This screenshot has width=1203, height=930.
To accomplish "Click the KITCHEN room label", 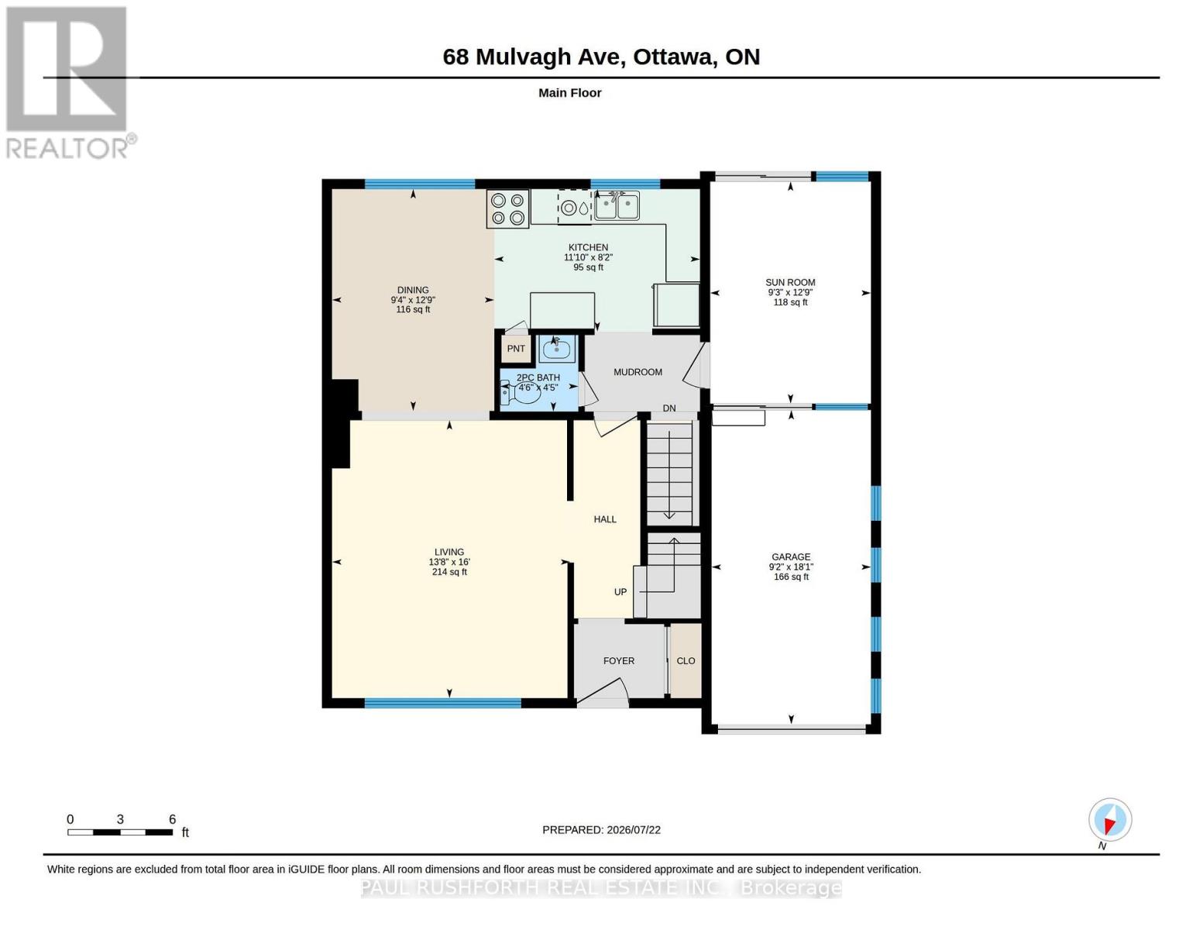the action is [x=588, y=247].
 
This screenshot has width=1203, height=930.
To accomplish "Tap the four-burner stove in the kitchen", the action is [x=508, y=208].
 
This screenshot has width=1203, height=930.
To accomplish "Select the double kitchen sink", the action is [x=617, y=205].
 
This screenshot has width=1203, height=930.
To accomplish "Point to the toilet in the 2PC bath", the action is [x=521, y=394].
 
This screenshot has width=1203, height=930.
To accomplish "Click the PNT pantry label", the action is [x=516, y=349].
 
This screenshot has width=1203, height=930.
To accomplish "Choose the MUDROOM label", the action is [x=638, y=372].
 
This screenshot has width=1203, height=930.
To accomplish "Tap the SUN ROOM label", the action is [x=790, y=283].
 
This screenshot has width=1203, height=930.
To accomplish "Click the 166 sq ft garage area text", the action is [x=791, y=577].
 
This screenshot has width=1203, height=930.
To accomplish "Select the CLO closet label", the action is [x=686, y=661].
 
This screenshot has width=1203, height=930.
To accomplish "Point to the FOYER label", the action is [x=619, y=661].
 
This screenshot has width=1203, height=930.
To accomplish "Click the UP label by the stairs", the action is [x=620, y=592].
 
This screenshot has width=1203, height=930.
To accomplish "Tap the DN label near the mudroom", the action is [x=669, y=408].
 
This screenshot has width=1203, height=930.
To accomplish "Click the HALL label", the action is [x=605, y=519].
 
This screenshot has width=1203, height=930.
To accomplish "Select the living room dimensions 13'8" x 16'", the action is [x=449, y=562].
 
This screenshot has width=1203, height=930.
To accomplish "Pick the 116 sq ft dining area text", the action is [x=413, y=309].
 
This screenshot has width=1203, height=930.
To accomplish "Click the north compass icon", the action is [x=1110, y=819].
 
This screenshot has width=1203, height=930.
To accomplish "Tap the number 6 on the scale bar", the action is [x=172, y=819].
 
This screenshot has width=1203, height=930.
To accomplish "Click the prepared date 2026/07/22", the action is [x=634, y=830].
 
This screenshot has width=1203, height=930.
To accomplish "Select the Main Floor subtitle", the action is [x=569, y=93].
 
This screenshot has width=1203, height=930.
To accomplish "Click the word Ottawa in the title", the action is [x=673, y=57].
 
